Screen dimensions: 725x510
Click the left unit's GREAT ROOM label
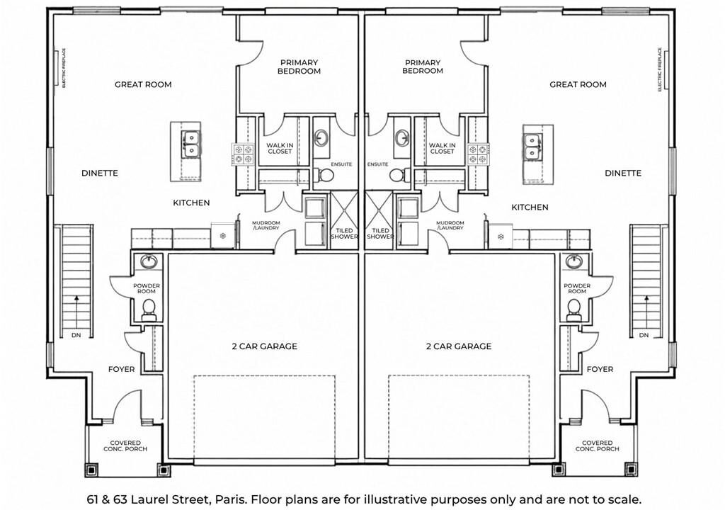tap(143, 85)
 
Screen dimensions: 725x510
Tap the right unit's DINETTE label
tap(623, 173)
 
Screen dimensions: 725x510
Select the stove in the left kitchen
tap(243, 154)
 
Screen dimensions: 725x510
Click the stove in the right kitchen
tap(478, 154)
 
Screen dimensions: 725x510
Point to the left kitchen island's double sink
tap(190, 144)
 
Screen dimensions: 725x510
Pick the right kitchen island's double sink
tap(532, 146)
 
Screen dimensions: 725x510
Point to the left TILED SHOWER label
tap(344, 233)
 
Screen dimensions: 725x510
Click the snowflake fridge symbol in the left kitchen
tap(223, 237)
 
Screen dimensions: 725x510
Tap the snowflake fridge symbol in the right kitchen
tap(501, 237)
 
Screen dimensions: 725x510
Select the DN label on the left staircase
tap(76, 335)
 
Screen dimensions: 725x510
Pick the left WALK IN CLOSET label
tap(280, 148)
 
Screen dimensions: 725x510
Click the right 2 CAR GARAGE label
tap(459, 346)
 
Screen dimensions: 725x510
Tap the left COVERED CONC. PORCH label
tap(125, 446)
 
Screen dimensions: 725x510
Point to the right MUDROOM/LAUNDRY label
tap(450, 225)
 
